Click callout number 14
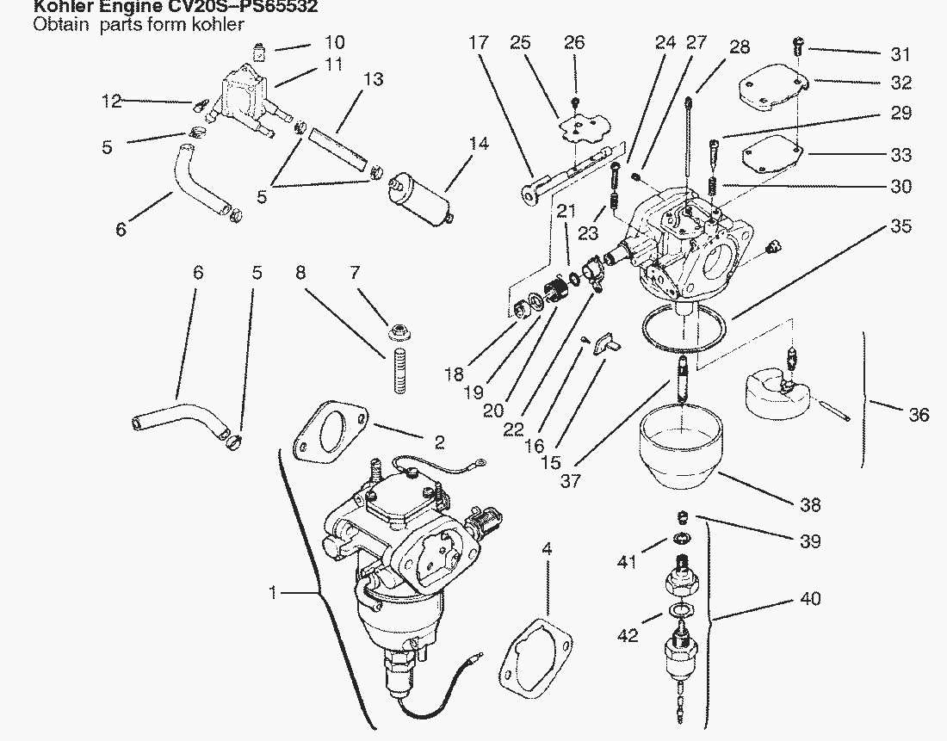pos(479,144)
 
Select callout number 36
pos(919,416)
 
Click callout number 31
pos(901,55)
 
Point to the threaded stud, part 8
pos(399,370)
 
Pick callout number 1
pos(273,593)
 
